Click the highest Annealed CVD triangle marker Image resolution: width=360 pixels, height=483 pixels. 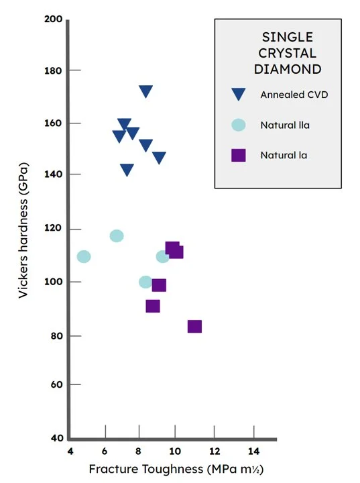click(145, 91)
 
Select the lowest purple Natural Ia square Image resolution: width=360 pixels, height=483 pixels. click(194, 327)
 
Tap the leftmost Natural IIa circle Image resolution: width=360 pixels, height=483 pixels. click(84, 256)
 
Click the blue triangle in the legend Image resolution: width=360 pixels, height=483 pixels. click(238, 95)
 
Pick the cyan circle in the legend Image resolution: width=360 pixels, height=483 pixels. click(238, 125)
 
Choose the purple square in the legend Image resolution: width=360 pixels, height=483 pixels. click(238, 155)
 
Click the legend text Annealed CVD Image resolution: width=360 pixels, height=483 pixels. click(294, 95)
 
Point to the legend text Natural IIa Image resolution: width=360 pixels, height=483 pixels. click(285, 125)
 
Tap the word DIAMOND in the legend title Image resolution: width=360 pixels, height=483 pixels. click(288, 68)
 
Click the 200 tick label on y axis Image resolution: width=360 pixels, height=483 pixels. click(54, 20)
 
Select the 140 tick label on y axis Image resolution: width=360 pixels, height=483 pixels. click(54, 174)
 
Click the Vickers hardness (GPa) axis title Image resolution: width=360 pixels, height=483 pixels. click(24, 230)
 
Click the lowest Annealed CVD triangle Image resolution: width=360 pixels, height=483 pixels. click(127, 170)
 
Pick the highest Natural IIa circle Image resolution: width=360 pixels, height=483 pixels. click(117, 236)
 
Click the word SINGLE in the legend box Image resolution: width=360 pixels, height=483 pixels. click(288, 37)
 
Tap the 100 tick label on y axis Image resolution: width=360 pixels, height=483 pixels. click(54, 282)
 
